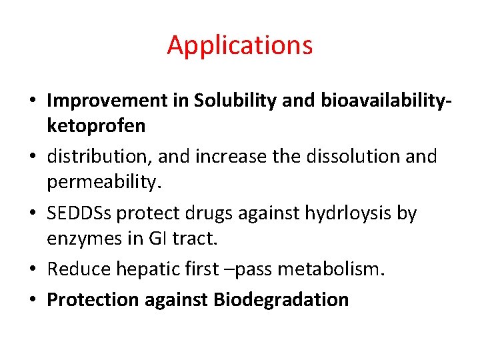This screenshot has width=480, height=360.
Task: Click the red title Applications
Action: coord(239,45)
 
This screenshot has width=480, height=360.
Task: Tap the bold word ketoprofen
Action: coord(96,126)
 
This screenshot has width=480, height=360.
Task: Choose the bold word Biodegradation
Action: coord(281,299)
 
